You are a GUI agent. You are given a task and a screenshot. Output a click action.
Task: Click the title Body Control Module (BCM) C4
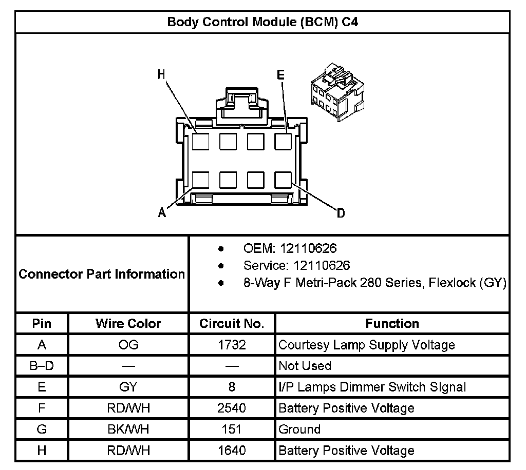(262, 22)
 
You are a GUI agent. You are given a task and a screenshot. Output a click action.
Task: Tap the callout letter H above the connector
(161, 74)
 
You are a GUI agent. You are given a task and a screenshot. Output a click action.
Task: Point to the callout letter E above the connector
(280, 75)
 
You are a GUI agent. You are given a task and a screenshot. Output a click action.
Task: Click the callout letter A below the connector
(162, 212)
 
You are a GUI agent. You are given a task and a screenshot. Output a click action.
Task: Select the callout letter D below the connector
(341, 213)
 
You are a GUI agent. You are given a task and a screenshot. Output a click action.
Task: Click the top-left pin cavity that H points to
(200, 141)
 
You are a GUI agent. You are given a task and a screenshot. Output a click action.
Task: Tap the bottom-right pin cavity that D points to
(283, 180)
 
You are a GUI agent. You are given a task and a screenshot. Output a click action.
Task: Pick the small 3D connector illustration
(337, 91)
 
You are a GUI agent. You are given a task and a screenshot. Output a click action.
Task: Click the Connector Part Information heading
(102, 274)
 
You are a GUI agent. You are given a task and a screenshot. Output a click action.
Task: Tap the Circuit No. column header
(232, 324)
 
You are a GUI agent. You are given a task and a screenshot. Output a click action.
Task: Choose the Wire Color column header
(128, 324)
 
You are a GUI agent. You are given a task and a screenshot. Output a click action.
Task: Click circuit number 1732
(232, 345)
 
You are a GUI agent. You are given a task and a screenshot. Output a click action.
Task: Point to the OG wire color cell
(128, 345)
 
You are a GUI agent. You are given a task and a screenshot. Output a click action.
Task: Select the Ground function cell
(299, 429)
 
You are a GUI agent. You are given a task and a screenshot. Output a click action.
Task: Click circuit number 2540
(232, 408)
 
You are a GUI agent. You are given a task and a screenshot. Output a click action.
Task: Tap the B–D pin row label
(42, 366)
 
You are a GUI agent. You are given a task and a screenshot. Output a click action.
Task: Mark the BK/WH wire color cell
(128, 429)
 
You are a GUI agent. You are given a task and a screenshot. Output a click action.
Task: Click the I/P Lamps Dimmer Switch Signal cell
(372, 387)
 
